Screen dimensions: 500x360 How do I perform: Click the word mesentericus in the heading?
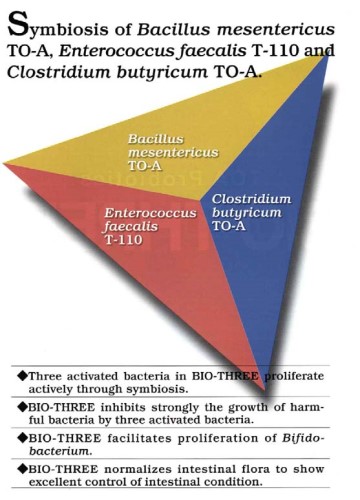pos(264,24)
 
